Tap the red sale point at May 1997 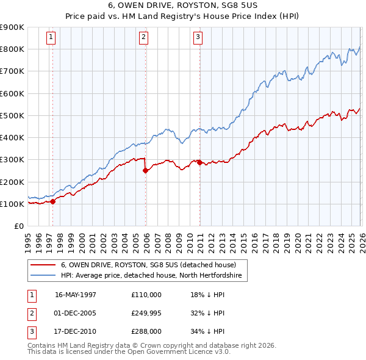53,201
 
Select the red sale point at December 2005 145,171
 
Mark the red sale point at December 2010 199,162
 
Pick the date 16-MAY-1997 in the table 76,295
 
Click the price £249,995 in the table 146,313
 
